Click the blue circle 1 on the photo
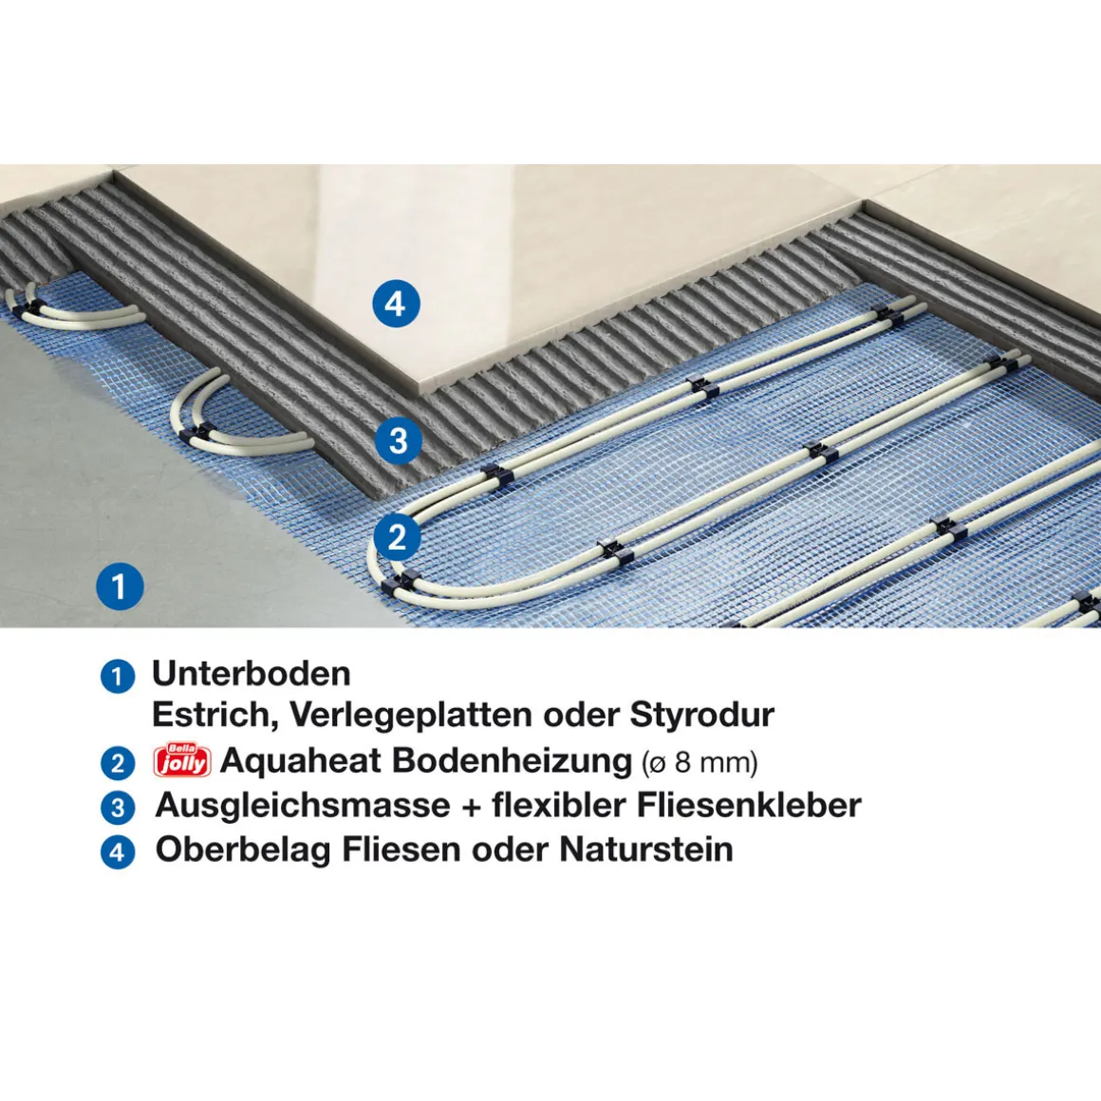point(121,587)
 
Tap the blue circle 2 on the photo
point(398,538)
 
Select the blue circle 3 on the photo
point(398,441)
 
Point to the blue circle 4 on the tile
point(396,304)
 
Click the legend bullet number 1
point(118,676)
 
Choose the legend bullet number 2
point(118,763)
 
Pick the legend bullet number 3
point(118,808)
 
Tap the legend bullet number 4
point(118,852)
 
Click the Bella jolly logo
point(182,760)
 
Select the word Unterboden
point(252,674)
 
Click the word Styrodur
point(702,716)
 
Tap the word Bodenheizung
point(512,760)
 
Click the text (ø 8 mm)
point(700,762)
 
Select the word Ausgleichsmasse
point(303,806)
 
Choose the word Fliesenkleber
point(749,805)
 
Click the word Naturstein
point(646,849)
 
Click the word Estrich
point(215,715)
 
